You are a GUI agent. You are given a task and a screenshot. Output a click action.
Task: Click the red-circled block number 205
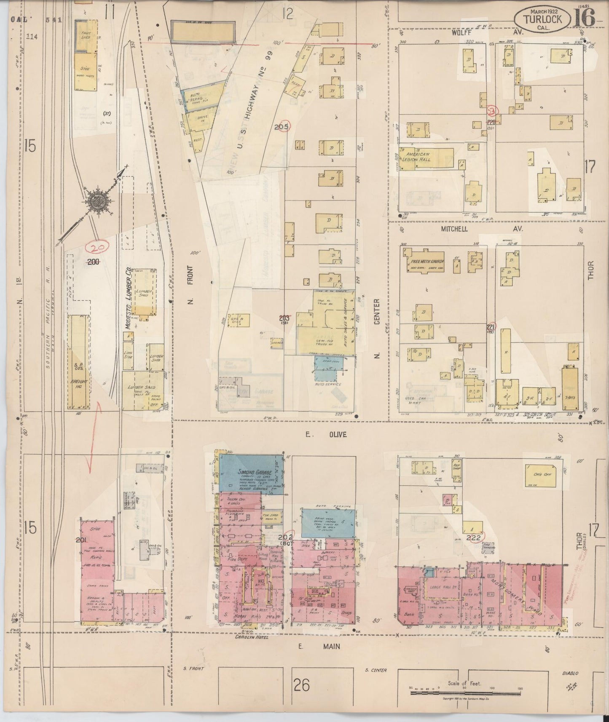[x=281, y=126]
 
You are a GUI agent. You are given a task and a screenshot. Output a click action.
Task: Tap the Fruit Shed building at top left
[x=85, y=35]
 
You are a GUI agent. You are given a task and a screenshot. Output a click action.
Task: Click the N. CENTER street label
[x=377, y=329]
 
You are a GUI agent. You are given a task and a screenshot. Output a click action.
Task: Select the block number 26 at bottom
[x=302, y=685]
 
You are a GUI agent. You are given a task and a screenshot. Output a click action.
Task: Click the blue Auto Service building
[x=328, y=366]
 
